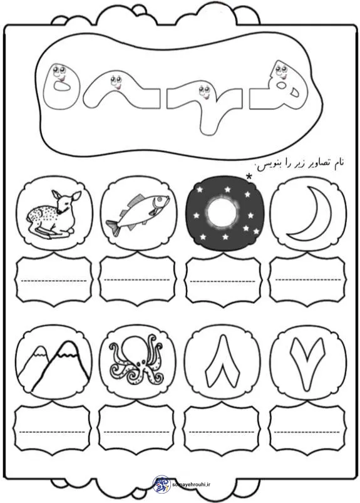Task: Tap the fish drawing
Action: tap(138, 214)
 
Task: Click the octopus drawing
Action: tap(137, 360)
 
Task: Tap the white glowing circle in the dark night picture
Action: tap(222, 213)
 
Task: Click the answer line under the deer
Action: tap(54, 281)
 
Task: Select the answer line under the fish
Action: tap(137, 280)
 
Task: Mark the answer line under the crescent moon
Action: tap(308, 280)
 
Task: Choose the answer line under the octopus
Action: tap(136, 432)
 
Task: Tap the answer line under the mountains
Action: tap(52, 432)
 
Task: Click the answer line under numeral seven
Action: tap(307, 432)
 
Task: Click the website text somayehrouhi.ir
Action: tap(192, 485)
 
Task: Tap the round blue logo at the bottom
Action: tap(162, 484)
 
